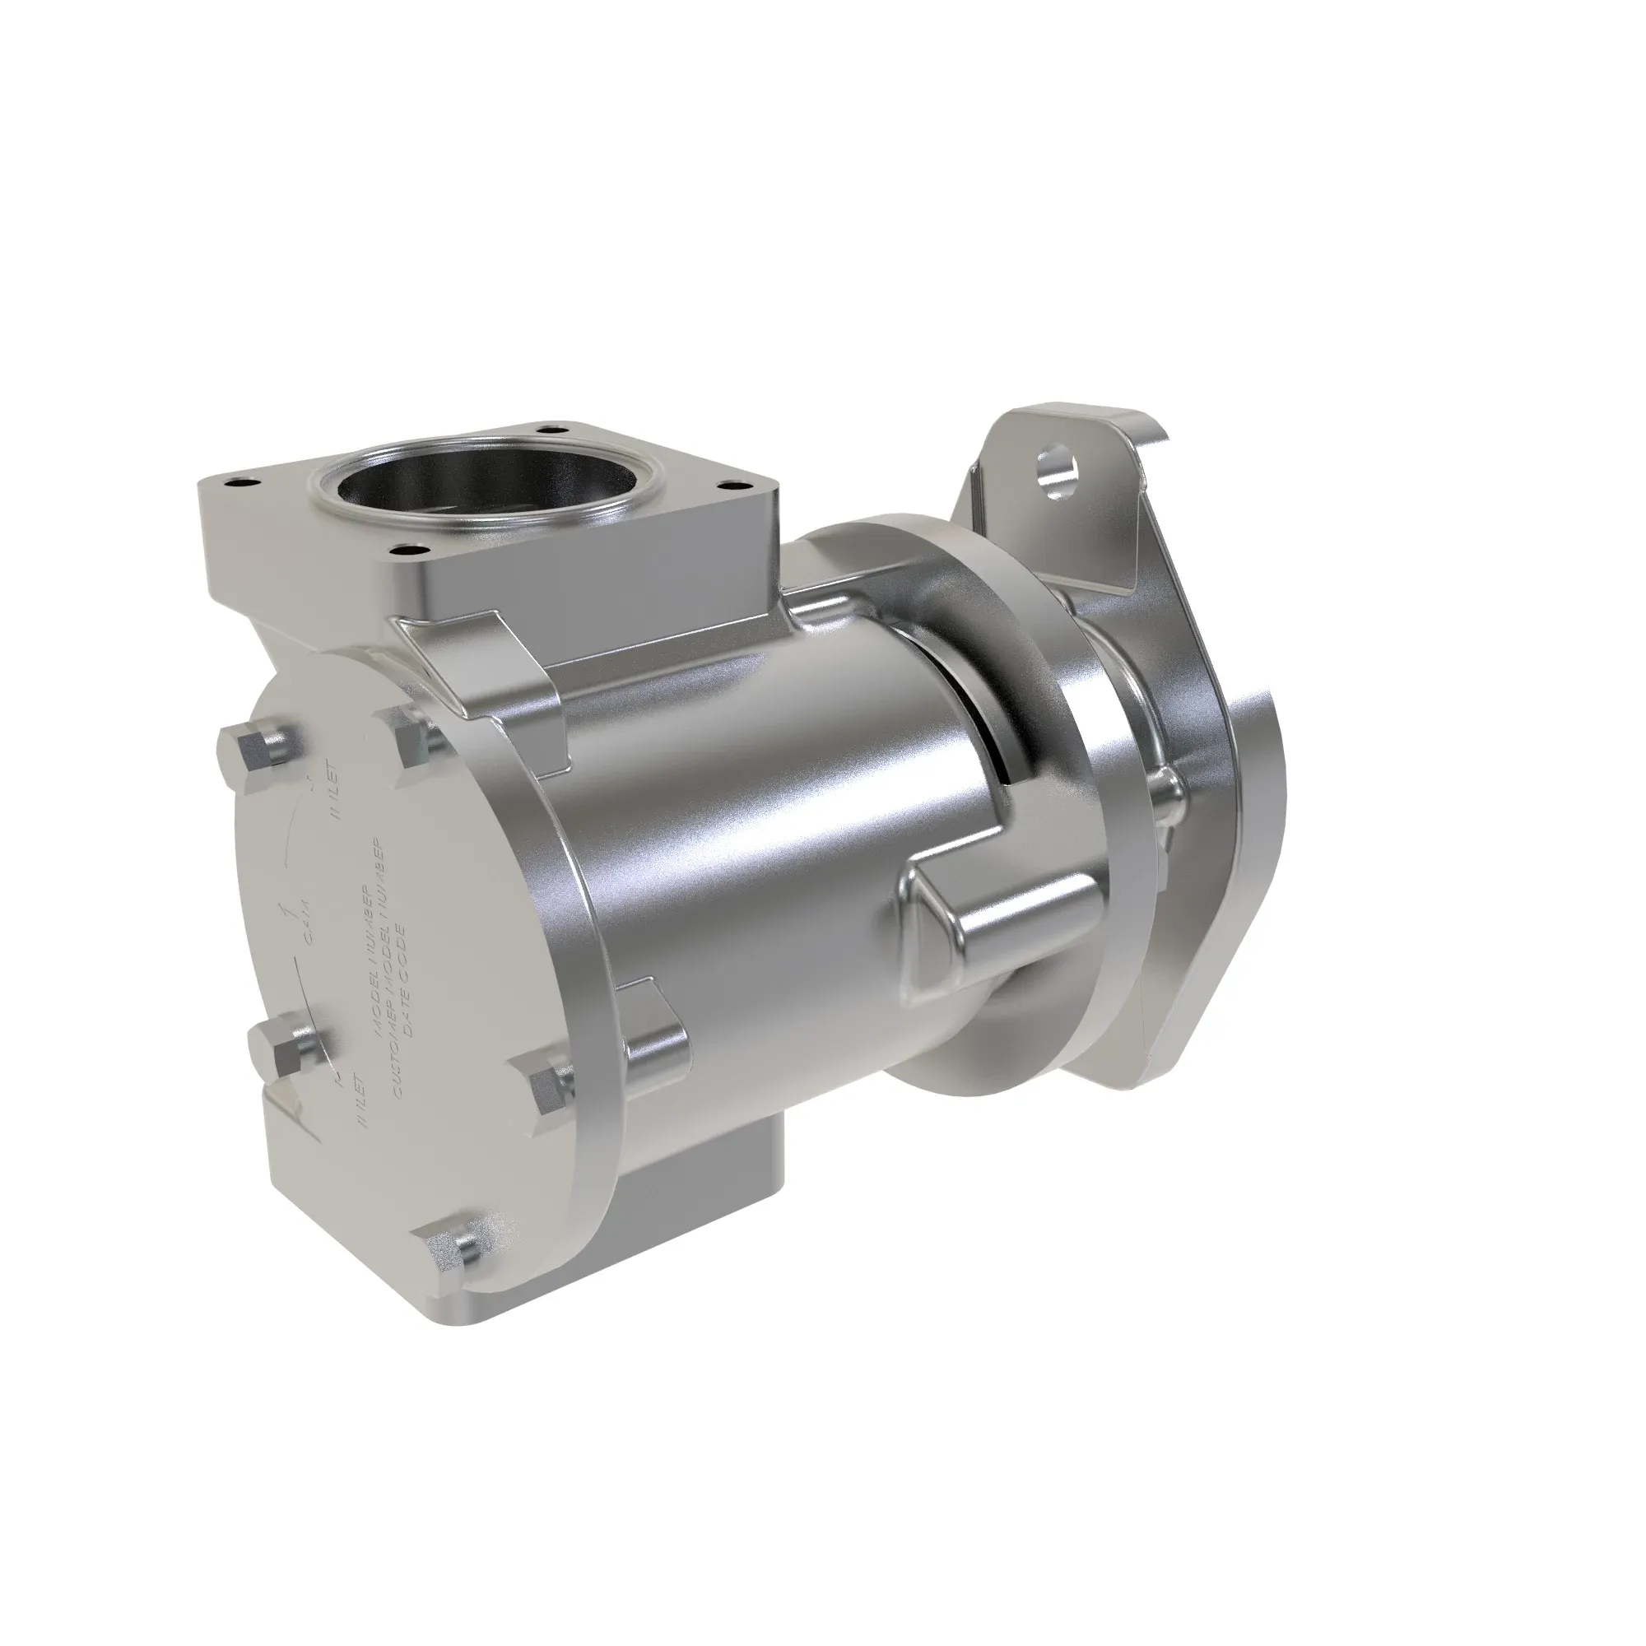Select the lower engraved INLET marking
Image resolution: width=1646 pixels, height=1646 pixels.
362,1100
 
